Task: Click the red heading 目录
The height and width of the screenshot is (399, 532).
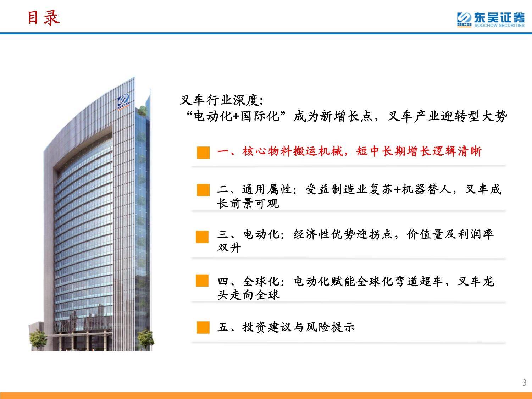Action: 44,18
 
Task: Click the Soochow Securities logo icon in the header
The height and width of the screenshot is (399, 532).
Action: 464,20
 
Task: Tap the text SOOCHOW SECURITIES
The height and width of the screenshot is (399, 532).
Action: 499,26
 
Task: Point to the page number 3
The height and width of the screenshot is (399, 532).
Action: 524,383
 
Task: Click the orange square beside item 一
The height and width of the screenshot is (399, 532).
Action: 203,153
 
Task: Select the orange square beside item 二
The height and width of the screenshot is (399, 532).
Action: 203,190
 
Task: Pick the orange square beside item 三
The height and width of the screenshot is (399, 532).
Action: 202,237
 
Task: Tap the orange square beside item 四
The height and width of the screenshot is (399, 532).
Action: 202,281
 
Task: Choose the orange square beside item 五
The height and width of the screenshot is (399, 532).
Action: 203,327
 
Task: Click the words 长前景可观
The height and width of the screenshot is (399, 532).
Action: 248,203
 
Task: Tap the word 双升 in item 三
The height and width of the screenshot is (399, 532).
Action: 229,248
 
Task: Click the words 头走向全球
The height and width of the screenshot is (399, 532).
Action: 248,295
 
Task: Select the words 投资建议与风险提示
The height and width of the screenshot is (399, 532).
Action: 299,327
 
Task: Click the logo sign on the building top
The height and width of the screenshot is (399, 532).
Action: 123,101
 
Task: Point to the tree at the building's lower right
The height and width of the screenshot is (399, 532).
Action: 146,339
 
